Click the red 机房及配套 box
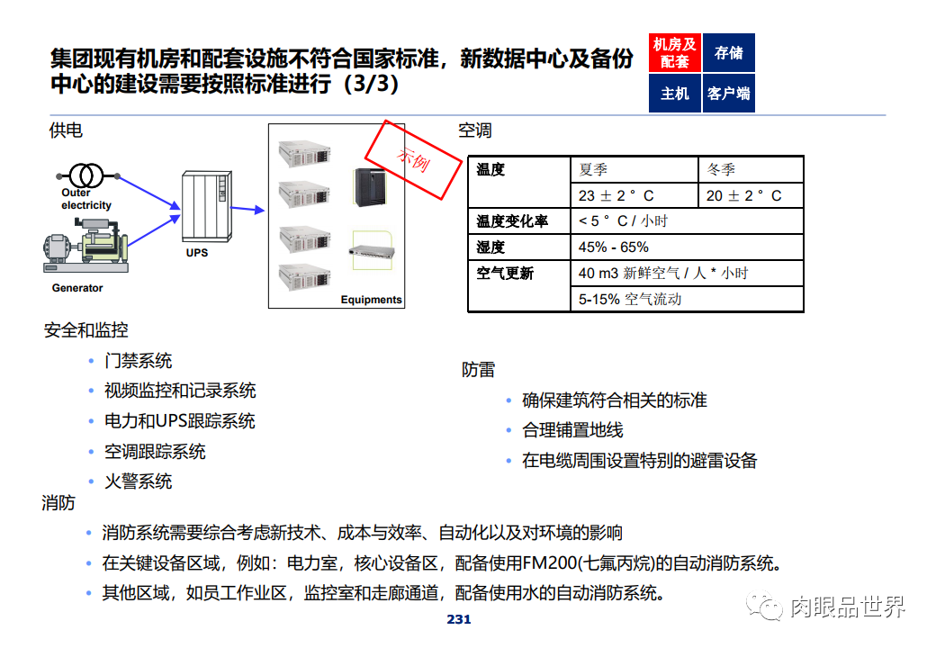(674, 53)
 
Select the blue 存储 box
(728, 53)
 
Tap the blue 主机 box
(674, 93)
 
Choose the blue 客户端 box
(728, 93)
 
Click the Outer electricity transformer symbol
(86, 174)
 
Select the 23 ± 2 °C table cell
(634, 195)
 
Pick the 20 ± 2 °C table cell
(750, 195)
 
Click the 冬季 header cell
(750, 169)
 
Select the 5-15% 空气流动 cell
(687, 299)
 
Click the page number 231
(459, 620)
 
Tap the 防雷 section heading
(478, 370)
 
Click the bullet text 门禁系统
(138, 361)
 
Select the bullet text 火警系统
(138, 481)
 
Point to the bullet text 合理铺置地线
(572, 430)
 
